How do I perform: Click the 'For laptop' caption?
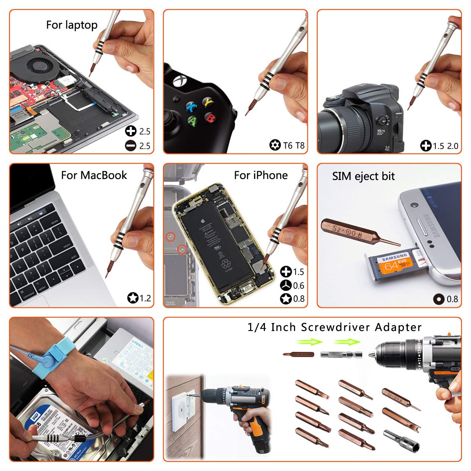[72, 25]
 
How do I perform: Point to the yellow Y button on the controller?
[208, 102]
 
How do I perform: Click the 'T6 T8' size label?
[294, 146]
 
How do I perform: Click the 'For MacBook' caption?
[94, 175]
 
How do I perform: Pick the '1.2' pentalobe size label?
[145, 298]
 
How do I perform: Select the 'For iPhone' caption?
[261, 175]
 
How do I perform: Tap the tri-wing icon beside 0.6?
[286, 285]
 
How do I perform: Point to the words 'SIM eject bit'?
[363, 176]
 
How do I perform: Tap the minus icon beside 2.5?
[131, 146]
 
